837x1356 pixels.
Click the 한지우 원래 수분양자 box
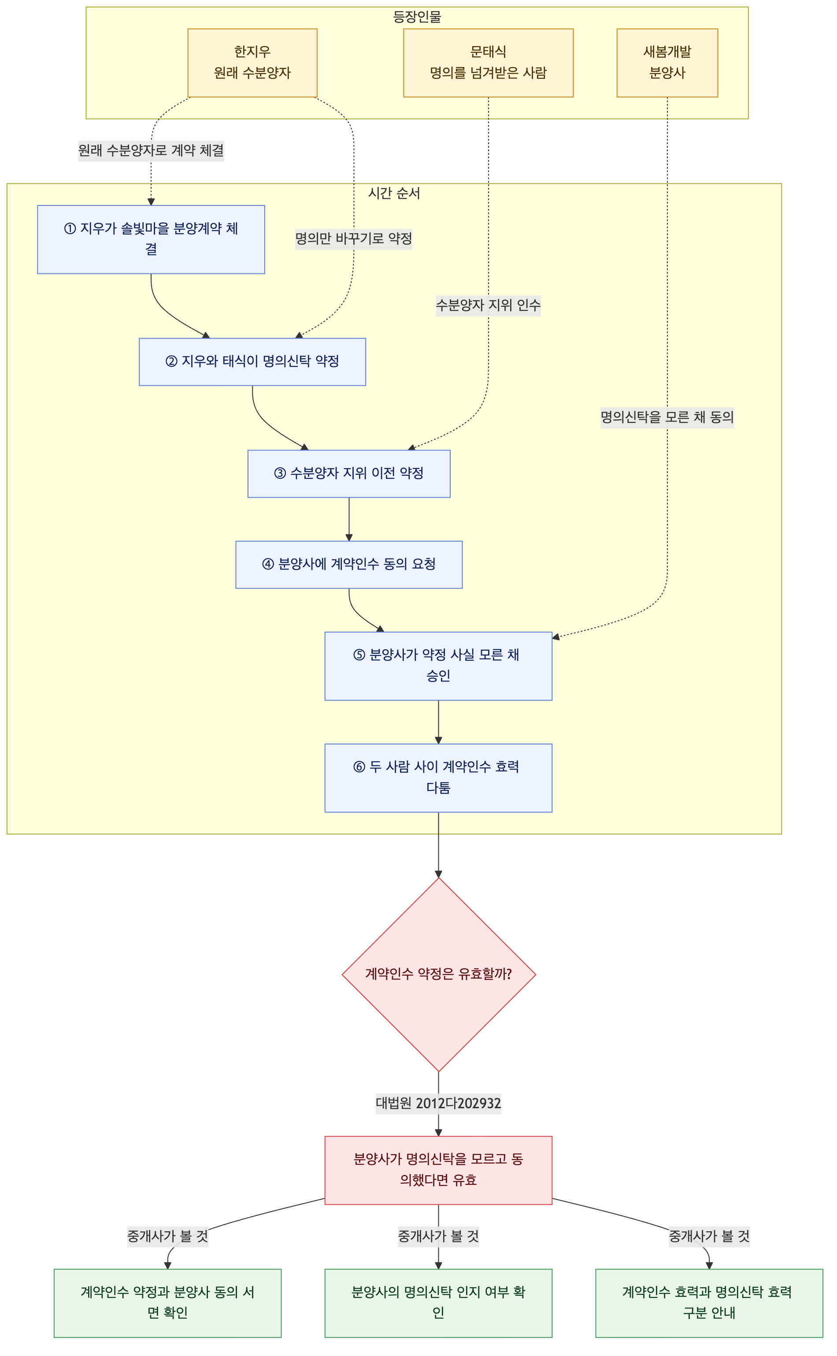coord(252,63)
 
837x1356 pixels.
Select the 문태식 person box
coord(488,63)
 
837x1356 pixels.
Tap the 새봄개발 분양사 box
coord(667,63)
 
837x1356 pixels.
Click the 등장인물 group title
coord(417,17)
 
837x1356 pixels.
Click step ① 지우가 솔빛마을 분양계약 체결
coord(151,239)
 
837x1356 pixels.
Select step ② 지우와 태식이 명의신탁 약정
coord(252,362)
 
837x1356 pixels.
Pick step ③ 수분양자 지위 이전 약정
coord(349,473)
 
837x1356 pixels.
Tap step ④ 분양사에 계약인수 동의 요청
coord(349,564)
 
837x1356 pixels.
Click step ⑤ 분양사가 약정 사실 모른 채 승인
coord(438,666)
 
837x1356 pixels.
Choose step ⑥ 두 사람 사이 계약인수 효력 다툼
coord(438,778)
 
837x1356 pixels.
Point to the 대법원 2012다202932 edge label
coord(438,1103)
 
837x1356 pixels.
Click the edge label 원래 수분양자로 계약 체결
coord(151,150)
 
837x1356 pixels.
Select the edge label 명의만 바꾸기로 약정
coord(354,239)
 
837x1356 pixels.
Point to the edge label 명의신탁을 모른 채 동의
coord(667,417)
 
